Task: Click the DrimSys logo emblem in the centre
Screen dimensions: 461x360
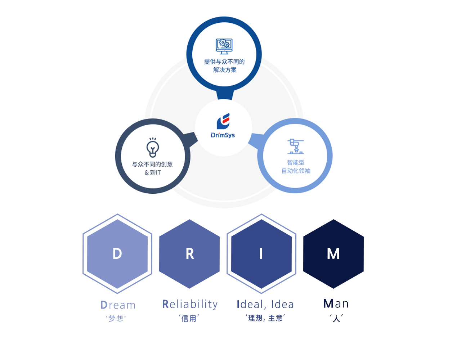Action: (x=223, y=121)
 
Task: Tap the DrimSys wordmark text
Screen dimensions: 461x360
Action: (x=223, y=135)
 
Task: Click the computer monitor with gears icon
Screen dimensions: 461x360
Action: (x=224, y=46)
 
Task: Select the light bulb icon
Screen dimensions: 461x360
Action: (x=153, y=148)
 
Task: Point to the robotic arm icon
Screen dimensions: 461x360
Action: (x=295, y=146)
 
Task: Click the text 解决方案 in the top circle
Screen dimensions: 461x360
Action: (x=225, y=70)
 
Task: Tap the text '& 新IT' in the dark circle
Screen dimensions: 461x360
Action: (x=153, y=172)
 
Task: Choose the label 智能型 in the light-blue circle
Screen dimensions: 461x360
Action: (x=296, y=163)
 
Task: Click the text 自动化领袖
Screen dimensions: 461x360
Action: (x=296, y=171)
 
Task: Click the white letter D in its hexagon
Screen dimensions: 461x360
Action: (x=117, y=253)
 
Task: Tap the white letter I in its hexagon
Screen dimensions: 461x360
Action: (x=261, y=253)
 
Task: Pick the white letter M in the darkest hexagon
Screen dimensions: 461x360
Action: (x=333, y=253)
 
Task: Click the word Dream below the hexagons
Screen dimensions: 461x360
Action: (x=118, y=305)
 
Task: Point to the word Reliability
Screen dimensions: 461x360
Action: (x=190, y=305)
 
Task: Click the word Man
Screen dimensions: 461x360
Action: (x=336, y=303)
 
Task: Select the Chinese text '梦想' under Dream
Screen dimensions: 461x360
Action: (x=116, y=319)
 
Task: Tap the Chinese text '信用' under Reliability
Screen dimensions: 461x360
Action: (x=189, y=319)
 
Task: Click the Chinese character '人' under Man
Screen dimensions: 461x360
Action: (x=336, y=318)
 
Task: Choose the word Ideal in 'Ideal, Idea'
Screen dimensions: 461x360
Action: (x=250, y=305)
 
